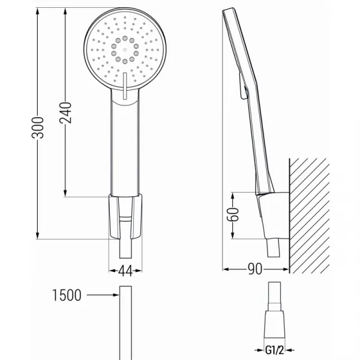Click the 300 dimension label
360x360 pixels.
point(38,128)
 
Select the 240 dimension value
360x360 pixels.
point(65,113)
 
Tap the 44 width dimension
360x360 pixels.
point(125,271)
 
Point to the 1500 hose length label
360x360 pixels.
point(67,295)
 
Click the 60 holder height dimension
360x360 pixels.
point(233,214)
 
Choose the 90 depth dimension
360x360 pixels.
point(255,269)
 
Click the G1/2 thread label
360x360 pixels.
point(274,350)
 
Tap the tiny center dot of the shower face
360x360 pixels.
point(125,49)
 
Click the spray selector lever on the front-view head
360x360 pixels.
point(125,86)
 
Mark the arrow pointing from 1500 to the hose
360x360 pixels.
point(103,295)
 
